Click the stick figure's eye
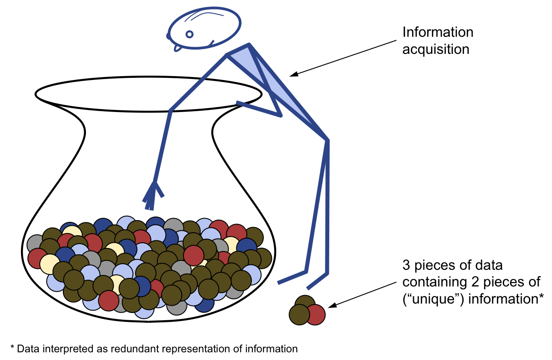[x=189, y=34]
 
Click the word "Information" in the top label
[x=438, y=32]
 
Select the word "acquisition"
[x=436, y=49]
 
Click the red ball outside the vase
[x=316, y=315]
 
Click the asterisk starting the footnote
[x=12, y=348]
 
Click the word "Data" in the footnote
[x=27, y=348]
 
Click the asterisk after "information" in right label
[x=540, y=296]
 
